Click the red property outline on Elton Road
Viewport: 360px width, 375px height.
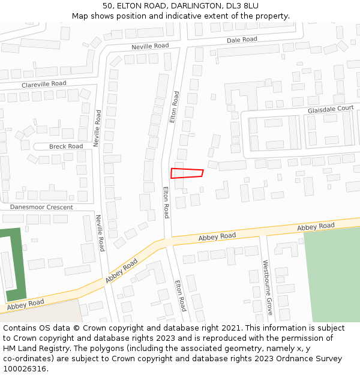tap(187, 173)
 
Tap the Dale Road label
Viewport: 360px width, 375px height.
tap(242, 40)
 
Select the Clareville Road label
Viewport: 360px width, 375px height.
tap(44, 85)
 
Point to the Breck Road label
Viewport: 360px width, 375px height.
tap(66, 146)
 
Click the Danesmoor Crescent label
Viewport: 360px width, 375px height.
tap(41, 207)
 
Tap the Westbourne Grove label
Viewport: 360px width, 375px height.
tap(268, 287)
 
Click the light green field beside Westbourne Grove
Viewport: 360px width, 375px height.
tap(332, 273)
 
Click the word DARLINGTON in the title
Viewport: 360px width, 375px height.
tap(197, 6)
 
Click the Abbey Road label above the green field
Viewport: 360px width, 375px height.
tap(316, 226)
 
